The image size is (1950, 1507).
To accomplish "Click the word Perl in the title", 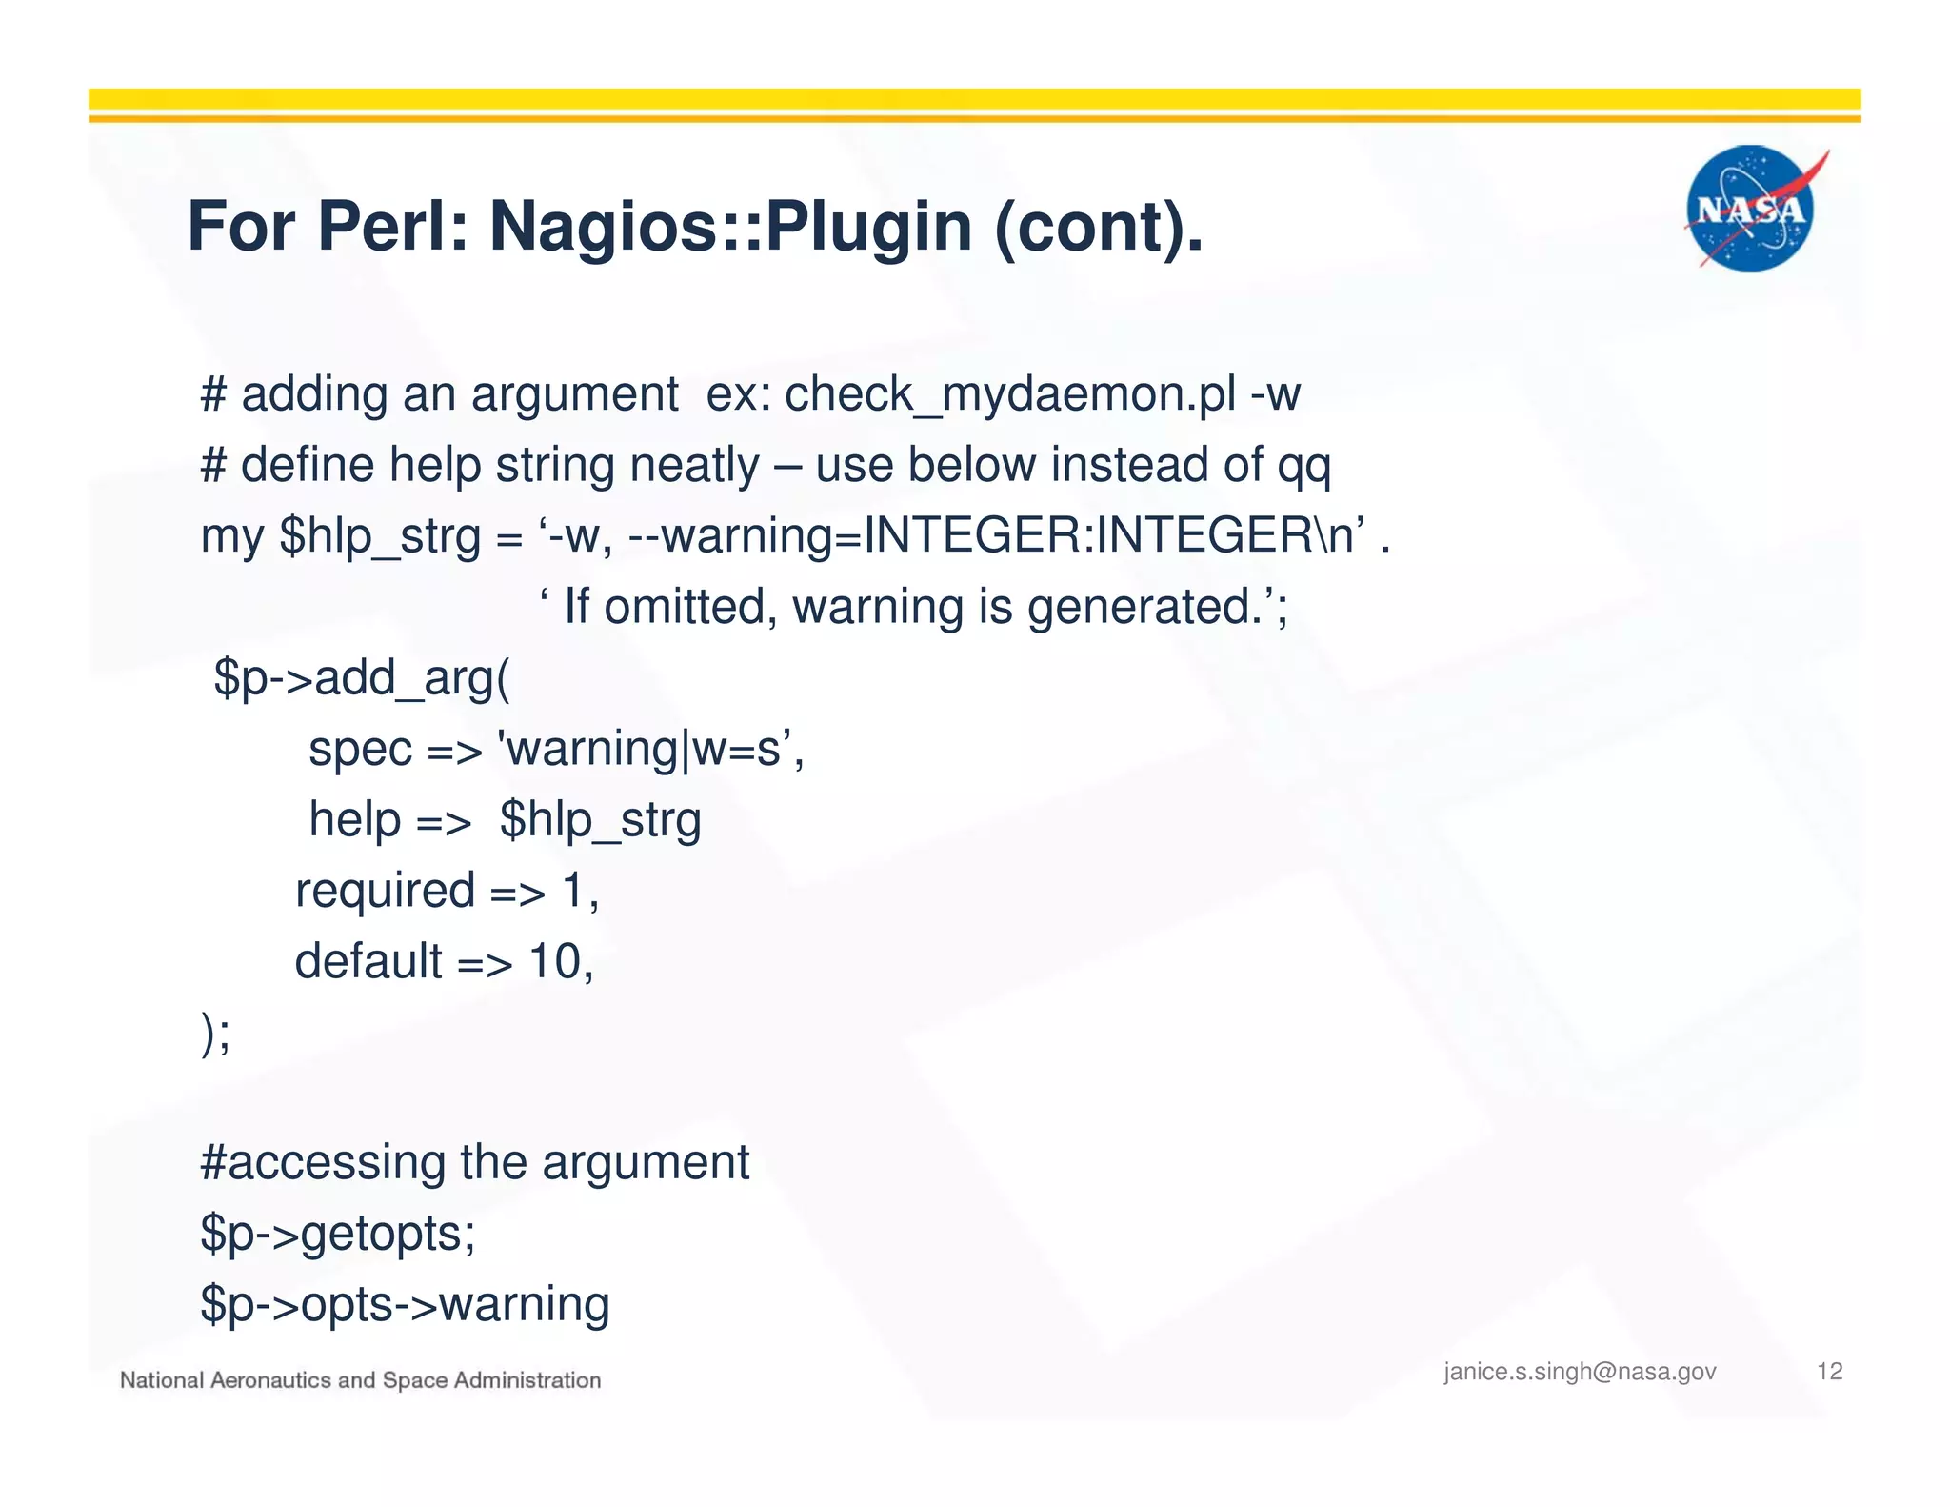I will point(391,227).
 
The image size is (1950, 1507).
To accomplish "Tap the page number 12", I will point(1829,1371).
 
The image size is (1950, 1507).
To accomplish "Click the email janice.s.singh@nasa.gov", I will point(1580,1372).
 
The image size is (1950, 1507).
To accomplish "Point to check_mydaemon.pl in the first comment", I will point(1010,393).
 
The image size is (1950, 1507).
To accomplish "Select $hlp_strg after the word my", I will point(380,536).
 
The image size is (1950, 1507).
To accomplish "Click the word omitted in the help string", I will point(690,607).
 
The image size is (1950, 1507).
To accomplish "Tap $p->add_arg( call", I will point(362,678).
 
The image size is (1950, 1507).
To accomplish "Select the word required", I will point(385,891).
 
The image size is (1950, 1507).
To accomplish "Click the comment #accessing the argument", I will point(474,1162).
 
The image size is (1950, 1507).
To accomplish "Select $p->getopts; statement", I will point(338,1234).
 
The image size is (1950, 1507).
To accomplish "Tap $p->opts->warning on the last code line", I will point(405,1304).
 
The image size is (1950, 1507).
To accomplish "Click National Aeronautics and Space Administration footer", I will point(360,1380).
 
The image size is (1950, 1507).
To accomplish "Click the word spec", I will point(360,750).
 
